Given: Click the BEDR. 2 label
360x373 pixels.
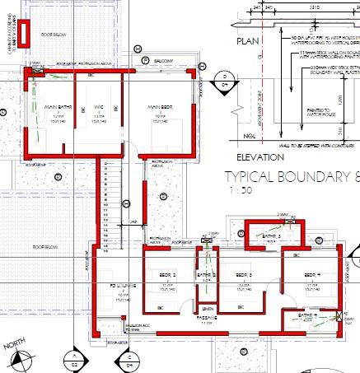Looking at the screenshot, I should [x=167, y=274].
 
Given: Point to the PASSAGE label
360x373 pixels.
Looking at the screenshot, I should [x=206, y=316].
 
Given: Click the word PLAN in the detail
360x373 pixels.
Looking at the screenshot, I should [x=247, y=40].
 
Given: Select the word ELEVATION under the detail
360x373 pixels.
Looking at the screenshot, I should [x=259, y=156].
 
